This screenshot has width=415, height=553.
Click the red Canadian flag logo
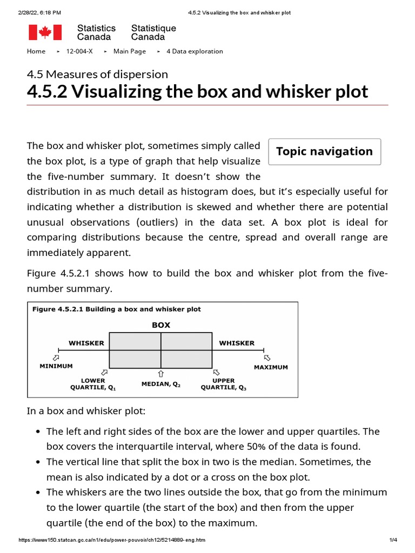45,32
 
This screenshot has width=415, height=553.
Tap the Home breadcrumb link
36,51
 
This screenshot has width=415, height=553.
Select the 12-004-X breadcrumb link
79,51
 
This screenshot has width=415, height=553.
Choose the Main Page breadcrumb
129,51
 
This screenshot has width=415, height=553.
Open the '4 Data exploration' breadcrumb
195,51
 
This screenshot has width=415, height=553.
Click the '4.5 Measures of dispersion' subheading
97,74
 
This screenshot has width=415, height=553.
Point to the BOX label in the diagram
160,325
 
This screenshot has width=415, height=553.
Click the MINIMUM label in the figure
56,366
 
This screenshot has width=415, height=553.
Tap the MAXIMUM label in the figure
271,367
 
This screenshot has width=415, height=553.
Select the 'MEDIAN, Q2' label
161,384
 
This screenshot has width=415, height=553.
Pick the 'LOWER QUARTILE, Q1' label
93,384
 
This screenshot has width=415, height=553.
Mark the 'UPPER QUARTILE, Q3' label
223,384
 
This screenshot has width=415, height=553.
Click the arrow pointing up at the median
161,374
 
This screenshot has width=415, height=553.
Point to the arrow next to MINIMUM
56,358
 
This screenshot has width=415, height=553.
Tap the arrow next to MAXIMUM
267,358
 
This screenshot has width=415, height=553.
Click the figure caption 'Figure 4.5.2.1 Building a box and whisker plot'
117,309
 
